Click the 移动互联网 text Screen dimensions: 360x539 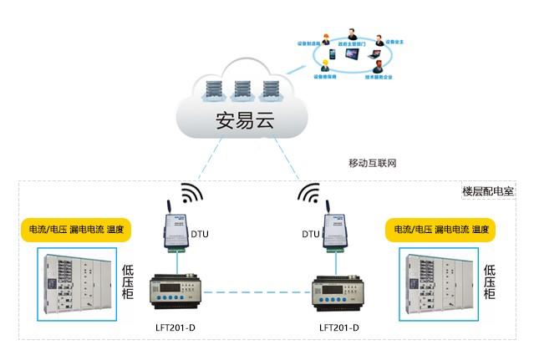coord(372,163)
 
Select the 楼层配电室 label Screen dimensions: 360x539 coord(488,190)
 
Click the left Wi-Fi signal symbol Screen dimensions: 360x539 coord(192,194)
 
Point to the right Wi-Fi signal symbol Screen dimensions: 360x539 coord(309,194)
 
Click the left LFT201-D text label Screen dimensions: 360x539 coord(176,327)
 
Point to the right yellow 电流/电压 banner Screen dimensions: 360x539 coord(436,229)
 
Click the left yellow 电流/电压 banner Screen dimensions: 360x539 coord(71,229)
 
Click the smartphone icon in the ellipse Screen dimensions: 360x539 coord(331,55)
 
